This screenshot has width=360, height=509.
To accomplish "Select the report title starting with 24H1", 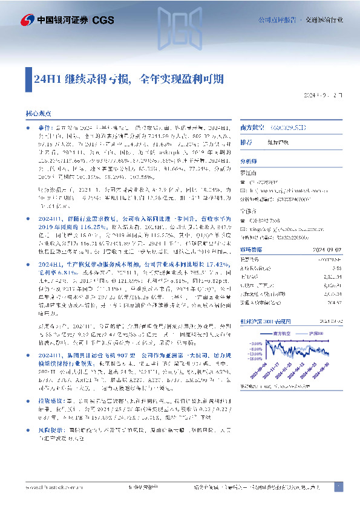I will click(x=129, y=79).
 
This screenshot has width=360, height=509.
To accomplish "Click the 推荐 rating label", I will click(x=246, y=143).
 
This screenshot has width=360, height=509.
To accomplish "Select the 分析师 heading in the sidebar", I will click(x=249, y=161).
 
